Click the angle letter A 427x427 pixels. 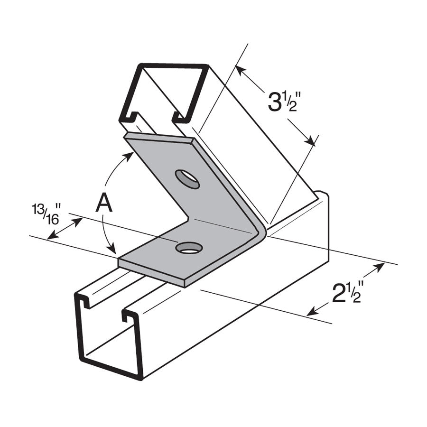click(104, 204)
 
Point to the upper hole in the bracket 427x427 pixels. click(187, 179)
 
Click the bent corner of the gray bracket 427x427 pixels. click(259, 232)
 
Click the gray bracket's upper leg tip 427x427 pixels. click(159, 137)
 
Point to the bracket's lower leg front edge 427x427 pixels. click(152, 273)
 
